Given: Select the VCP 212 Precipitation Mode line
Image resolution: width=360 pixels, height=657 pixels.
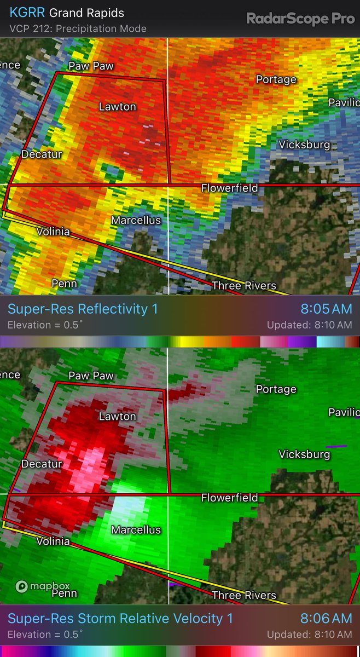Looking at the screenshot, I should [x=78, y=28].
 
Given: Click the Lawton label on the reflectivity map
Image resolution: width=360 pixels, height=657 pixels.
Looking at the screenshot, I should [x=117, y=106].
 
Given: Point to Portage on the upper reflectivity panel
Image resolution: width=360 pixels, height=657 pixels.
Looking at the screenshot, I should [x=276, y=80].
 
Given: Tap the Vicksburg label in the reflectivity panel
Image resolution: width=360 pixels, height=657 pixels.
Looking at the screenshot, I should [x=304, y=145].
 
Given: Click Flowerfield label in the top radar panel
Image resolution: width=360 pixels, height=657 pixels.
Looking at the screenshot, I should [x=229, y=188].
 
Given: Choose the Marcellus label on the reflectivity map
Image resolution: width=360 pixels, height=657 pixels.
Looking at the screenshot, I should [x=136, y=220].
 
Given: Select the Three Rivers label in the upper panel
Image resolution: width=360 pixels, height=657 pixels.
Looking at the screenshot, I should [x=243, y=285].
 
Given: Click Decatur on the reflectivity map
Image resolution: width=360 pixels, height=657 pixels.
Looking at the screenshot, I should [x=42, y=154].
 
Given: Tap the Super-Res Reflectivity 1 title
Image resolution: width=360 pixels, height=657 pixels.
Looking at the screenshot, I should [x=83, y=309].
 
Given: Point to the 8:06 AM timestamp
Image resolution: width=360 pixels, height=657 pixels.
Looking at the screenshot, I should [x=327, y=619].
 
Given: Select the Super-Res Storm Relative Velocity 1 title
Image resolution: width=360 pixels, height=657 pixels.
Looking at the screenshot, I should [x=120, y=619].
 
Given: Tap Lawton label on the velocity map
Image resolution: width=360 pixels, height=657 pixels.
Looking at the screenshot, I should [x=117, y=417].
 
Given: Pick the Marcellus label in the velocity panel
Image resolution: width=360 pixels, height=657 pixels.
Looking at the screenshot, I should [x=136, y=530].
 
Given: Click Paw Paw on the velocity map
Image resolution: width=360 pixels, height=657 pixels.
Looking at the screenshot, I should [x=91, y=376].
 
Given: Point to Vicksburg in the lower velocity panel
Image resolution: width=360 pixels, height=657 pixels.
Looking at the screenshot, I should [x=304, y=454].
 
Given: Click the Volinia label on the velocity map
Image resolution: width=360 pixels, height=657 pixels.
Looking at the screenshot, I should [x=53, y=541].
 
